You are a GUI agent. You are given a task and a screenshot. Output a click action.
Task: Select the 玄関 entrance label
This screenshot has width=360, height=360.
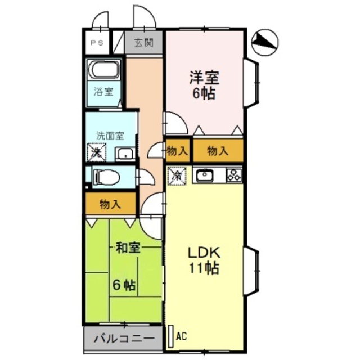point(143,42)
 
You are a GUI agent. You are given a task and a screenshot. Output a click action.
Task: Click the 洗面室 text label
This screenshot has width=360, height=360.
point(110,136)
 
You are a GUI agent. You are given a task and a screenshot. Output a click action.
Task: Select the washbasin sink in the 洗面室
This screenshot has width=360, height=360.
point(124,153)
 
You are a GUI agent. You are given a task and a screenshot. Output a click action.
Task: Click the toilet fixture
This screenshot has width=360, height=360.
point(107,177)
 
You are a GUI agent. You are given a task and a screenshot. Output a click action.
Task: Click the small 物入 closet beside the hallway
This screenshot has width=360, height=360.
point(178,151)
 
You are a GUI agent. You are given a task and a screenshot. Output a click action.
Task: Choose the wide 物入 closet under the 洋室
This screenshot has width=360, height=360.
point(218,151)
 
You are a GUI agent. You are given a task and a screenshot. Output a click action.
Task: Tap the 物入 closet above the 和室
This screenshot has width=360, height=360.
point(111,204)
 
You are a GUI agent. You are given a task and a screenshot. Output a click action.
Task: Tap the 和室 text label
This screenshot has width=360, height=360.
point(127,247)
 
